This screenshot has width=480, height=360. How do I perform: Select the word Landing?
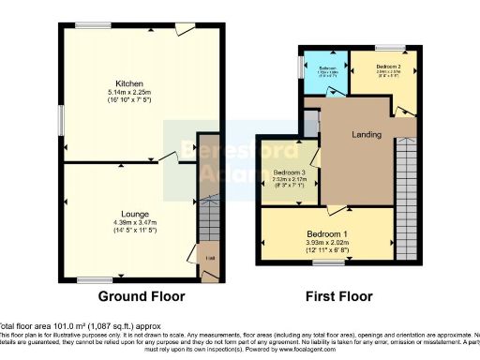pyautogui.click(x=367, y=135)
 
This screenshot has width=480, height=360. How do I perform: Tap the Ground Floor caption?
pyautogui.click(x=142, y=296)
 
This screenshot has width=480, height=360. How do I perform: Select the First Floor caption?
pyautogui.click(x=339, y=296)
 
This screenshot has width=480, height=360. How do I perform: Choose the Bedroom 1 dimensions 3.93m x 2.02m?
pyautogui.click(x=325, y=242)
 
